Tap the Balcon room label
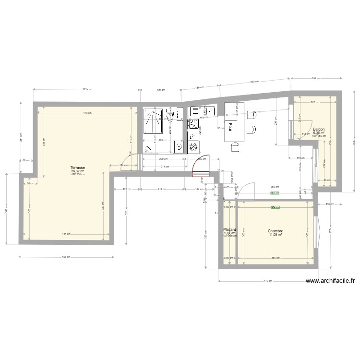tap(318, 130)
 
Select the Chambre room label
tap(276, 231)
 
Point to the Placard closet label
tap(230, 230)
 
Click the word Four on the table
tap(231, 126)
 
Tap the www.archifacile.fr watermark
tap(331, 282)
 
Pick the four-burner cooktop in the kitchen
tap(193, 124)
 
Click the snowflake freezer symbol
tap(194, 147)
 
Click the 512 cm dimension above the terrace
tap(86, 89)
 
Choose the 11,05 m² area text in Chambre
tap(276, 235)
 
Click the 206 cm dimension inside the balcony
tap(314, 102)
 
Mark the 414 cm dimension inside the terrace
tap(69, 234)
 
